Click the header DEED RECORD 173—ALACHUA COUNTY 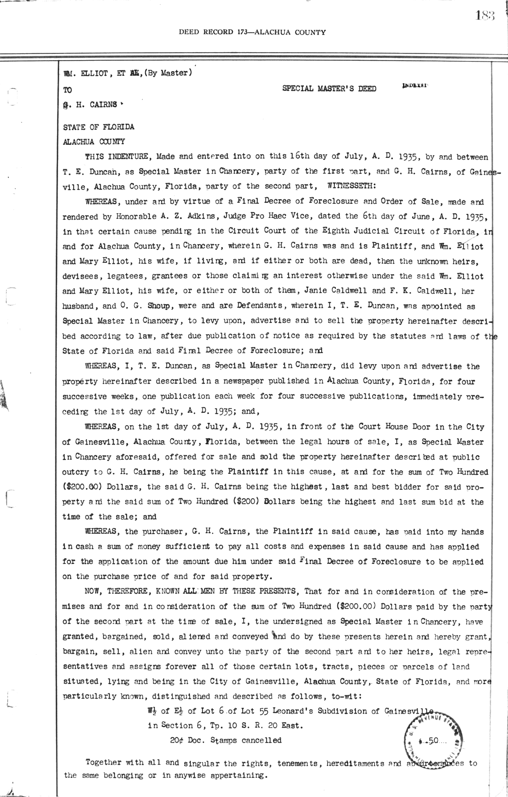pos(252,32)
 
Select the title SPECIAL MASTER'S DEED pos(329,88)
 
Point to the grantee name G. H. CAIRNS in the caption pos(90,104)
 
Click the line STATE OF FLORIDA pos(99,127)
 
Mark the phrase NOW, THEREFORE pos(115,591)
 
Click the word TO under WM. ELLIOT pos(67,90)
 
